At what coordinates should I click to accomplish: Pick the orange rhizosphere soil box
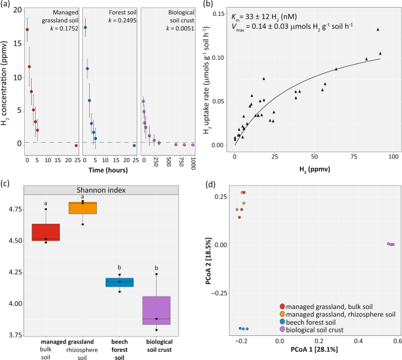click(x=82, y=208)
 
